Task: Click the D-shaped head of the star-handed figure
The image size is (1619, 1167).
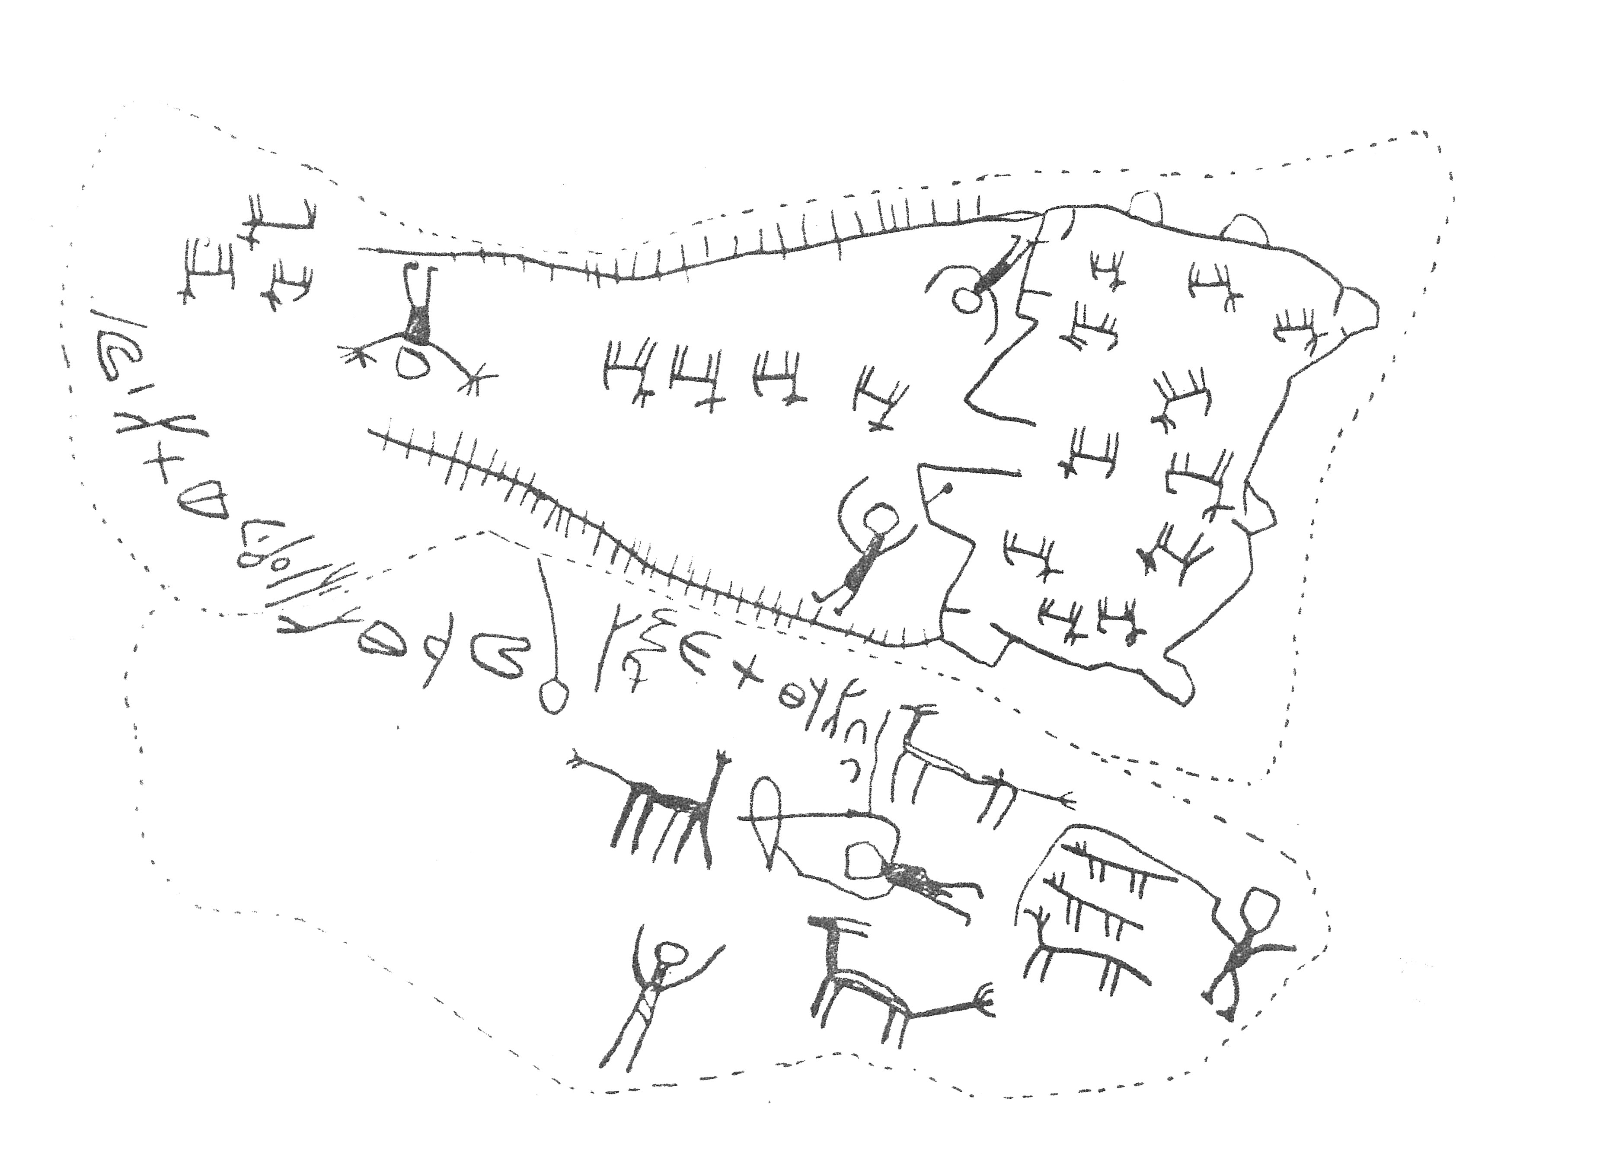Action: click(x=413, y=363)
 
